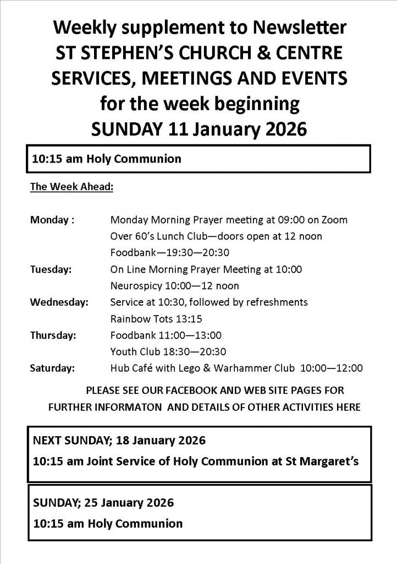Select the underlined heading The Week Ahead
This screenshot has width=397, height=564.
71,187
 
